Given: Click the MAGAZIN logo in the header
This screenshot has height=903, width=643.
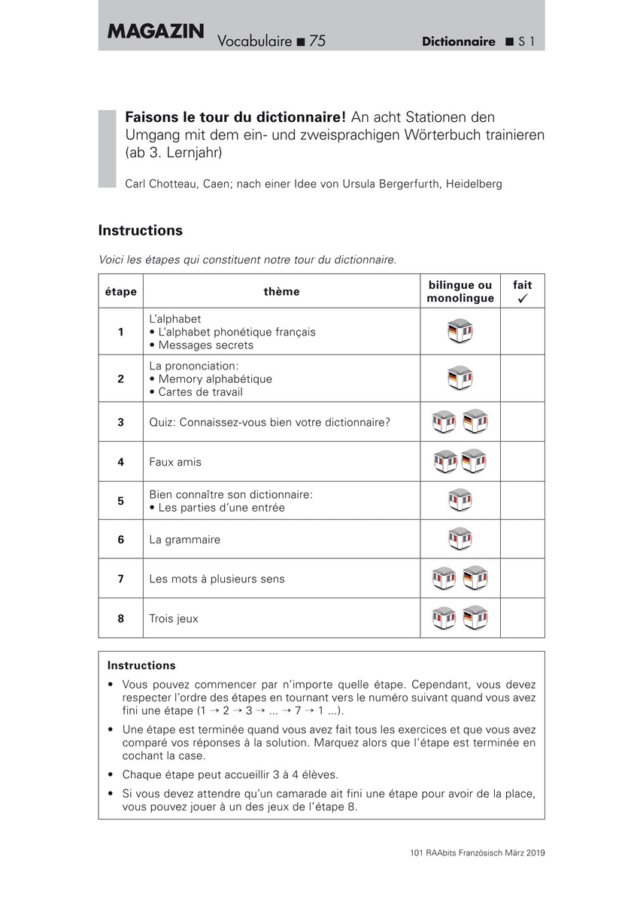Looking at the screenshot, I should coord(156,32).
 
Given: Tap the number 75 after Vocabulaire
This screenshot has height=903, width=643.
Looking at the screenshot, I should coord(317,41).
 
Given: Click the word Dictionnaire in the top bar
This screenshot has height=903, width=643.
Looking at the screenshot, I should coord(459,42).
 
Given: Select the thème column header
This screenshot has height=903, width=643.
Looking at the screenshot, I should coord(281,292).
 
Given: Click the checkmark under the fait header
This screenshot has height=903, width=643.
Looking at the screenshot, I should coord(522,299).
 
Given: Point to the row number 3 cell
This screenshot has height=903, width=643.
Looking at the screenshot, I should coord(120,422).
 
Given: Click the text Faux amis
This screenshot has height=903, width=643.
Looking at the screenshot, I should coord(175,462).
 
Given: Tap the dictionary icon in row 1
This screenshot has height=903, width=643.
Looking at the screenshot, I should coord(460,332).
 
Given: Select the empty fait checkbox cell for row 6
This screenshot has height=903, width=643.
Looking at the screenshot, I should coord(522,540).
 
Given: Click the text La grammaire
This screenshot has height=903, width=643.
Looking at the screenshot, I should coord(185,540).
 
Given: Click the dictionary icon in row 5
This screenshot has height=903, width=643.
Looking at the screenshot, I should coord(460,500).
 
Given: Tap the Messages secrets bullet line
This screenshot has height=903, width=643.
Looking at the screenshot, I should coord(202,345).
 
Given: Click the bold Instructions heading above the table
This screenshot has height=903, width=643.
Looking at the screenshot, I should coord(141,231).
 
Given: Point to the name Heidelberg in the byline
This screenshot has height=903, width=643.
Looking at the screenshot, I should coord(474,184).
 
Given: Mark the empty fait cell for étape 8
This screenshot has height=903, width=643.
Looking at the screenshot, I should coord(522,619).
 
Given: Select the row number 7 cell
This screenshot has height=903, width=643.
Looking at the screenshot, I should coord(120,579).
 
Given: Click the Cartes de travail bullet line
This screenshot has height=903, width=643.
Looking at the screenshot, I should coord(196,392).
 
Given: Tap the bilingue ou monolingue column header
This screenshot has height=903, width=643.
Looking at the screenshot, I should coord(460,292).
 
